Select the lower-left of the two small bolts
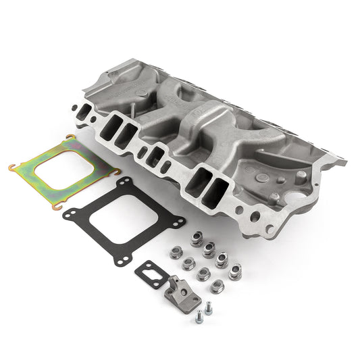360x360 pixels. pyautogui.click(x=199, y=318)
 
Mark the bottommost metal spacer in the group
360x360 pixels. pyautogui.click(x=216, y=286)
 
